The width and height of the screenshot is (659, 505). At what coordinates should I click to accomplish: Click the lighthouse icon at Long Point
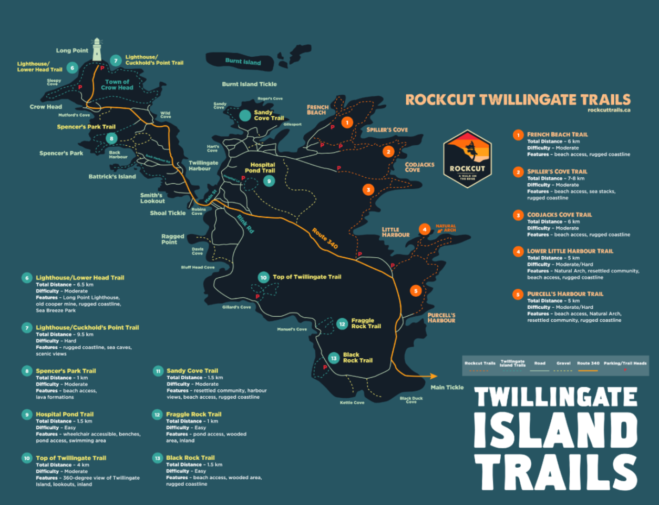point(97,49)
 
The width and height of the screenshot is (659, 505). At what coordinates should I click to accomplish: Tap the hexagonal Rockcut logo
point(467,159)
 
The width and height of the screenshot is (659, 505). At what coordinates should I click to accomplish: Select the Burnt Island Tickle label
point(249,84)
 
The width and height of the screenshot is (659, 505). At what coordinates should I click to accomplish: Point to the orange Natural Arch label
point(446,228)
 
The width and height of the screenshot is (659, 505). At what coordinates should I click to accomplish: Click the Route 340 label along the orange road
point(325,238)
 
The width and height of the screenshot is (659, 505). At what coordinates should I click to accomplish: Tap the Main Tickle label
point(447,387)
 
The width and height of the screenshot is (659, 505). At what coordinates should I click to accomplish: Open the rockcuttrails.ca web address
point(609,110)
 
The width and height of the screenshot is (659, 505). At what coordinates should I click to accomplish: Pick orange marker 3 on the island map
point(368,190)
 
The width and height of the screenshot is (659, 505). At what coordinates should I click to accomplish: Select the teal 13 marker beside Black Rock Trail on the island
point(334,358)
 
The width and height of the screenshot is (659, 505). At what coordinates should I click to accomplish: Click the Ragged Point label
point(172,239)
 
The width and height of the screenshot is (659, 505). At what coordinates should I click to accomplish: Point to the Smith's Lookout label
point(152,198)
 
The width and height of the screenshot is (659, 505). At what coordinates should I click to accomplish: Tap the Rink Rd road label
point(245,224)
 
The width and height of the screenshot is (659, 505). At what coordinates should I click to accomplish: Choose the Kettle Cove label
point(352,402)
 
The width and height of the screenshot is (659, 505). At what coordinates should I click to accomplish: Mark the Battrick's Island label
point(112,177)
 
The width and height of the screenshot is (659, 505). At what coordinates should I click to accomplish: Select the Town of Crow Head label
point(117,85)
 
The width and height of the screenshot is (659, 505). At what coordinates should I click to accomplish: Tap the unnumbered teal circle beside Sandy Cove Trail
point(245,115)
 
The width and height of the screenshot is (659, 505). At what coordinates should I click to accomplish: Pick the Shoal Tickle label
point(168,213)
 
